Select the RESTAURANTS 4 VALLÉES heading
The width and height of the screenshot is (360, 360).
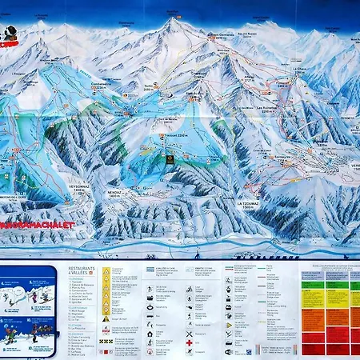coord(77,274)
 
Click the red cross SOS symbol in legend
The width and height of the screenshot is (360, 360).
coord(189,342)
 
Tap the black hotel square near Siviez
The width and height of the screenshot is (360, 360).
coord(170,161)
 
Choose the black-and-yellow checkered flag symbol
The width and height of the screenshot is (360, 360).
coord(106,341)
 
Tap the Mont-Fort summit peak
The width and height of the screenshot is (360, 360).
coord(170,22)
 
